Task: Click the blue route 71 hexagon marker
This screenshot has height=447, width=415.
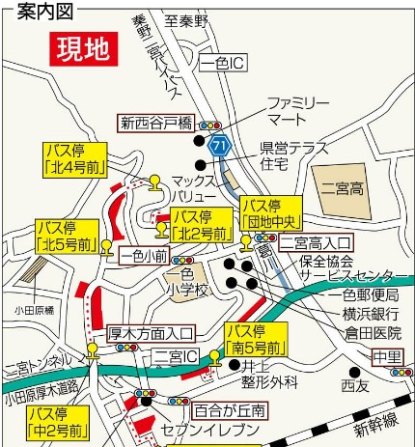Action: [x=220, y=145]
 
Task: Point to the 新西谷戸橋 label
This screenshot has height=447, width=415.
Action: [x=157, y=123]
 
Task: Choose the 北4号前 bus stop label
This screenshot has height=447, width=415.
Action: [x=72, y=158]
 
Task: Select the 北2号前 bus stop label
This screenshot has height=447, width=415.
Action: [x=202, y=225]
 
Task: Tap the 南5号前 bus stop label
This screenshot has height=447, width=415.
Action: [x=255, y=340]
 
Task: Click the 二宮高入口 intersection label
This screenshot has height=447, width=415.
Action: [x=318, y=243]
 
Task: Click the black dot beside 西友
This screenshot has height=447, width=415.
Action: [x=355, y=371]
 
